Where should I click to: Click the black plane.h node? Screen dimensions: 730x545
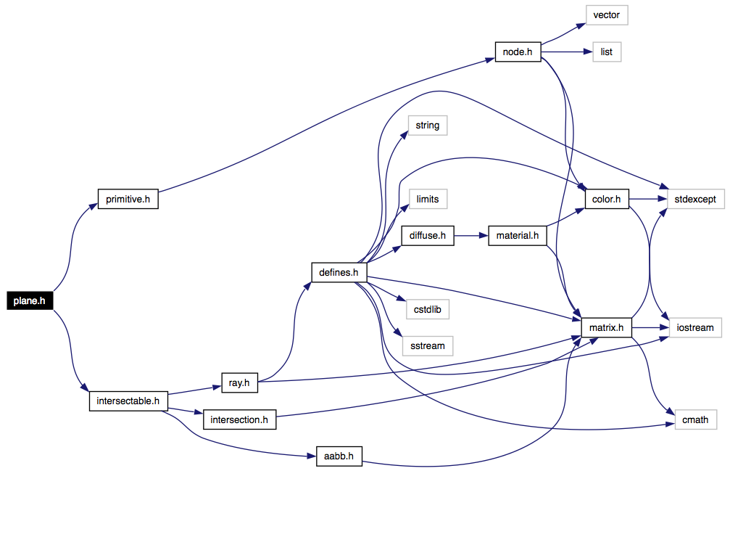(30, 300)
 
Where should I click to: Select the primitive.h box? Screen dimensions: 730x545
(128, 199)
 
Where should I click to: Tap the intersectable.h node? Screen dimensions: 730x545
(128, 401)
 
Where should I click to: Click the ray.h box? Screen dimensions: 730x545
(239, 382)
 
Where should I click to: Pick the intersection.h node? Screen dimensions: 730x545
(239, 419)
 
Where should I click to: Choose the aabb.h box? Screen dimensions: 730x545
(339, 456)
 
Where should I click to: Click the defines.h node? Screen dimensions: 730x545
(339, 272)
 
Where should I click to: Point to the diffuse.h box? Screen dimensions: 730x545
(428, 235)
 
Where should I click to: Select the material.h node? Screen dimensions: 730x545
(518, 235)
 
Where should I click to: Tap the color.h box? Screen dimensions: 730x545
(607, 199)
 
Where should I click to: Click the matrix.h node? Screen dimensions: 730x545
(606, 328)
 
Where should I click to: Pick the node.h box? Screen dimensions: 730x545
(518, 52)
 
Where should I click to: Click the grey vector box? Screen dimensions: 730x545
(607, 15)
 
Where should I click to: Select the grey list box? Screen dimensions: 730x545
(607, 52)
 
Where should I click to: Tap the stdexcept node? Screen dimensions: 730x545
(695, 199)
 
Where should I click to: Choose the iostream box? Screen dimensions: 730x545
(695, 328)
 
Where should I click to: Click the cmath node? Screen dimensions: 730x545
(695, 419)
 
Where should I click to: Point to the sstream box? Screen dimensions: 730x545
(428, 346)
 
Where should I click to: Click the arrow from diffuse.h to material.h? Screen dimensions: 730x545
(471, 235)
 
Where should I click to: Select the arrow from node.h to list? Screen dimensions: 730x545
(567, 52)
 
